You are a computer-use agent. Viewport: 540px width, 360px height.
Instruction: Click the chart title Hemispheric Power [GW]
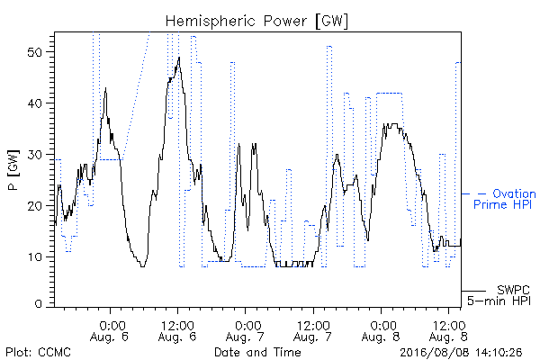click(x=256, y=21)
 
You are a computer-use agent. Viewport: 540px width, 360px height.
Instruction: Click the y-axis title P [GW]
click(x=13, y=170)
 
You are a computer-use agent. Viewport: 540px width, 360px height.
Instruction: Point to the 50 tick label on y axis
click(x=34, y=52)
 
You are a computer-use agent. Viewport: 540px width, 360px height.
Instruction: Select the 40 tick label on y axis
click(x=34, y=103)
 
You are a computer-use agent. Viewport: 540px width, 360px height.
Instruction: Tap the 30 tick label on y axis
click(x=34, y=155)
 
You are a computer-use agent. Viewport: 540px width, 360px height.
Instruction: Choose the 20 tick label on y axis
click(x=34, y=206)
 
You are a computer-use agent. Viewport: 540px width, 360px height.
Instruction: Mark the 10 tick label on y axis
click(x=34, y=257)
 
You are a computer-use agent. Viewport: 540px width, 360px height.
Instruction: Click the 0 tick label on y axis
click(x=38, y=303)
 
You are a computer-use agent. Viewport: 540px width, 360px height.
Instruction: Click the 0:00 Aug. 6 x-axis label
click(x=110, y=331)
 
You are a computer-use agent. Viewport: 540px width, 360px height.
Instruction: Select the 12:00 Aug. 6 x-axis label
click(x=177, y=331)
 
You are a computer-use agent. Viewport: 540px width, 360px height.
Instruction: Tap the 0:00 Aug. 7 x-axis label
click(x=245, y=331)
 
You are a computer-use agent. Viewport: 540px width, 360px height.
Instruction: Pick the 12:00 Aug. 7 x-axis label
click(x=312, y=331)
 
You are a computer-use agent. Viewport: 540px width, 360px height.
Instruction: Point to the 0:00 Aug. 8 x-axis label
click(x=381, y=331)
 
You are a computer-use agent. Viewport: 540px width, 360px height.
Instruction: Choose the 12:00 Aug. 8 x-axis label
click(x=448, y=331)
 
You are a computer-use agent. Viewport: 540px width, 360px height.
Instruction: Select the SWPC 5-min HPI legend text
click(x=499, y=295)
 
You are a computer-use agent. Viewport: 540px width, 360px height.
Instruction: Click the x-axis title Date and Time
click(x=257, y=352)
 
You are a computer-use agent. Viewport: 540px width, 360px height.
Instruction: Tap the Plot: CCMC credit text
click(x=38, y=352)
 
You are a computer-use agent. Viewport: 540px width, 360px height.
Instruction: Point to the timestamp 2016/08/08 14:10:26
click(x=461, y=353)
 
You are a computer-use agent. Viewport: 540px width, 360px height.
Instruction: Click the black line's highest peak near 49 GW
click(x=179, y=58)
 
